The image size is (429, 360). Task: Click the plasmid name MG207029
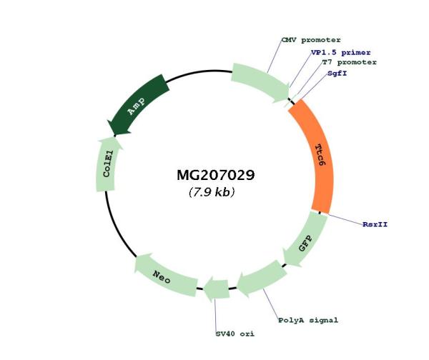[216, 175]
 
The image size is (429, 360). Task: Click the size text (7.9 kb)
[212, 192]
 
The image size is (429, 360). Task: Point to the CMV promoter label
[311, 40]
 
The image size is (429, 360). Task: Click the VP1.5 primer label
[340, 52]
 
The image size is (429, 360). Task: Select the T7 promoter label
[349, 62]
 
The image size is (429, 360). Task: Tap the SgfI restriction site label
[337, 74]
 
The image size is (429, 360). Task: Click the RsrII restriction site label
[375, 224]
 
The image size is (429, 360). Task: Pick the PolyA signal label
[308, 320]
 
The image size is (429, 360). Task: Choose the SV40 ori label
[235, 334]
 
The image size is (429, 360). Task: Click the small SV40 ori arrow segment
[216, 289]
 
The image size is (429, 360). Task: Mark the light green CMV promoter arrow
[261, 82]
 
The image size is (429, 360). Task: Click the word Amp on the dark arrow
[136, 106]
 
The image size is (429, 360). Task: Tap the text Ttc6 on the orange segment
[320, 155]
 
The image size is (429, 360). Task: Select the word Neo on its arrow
[162, 276]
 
